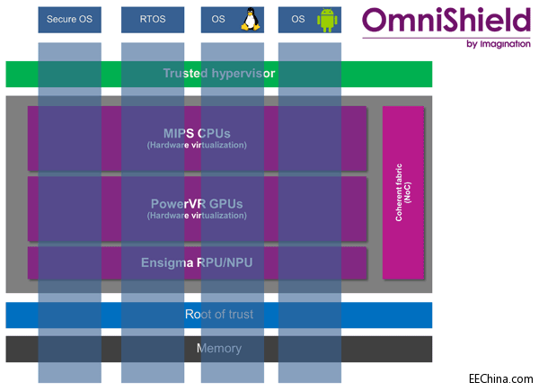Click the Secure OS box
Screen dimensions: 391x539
click(69, 20)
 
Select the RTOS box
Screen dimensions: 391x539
click(153, 20)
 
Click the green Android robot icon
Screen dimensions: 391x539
click(325, 20)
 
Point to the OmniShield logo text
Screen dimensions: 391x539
click(446, 20)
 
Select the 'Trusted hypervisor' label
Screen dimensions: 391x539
click(218, 73)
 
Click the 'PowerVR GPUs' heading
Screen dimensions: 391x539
click(197, 203)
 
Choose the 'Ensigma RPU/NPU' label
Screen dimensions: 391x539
click(197, 263)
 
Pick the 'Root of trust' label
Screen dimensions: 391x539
click(218, 315)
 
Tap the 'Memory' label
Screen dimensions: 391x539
click(218, 348)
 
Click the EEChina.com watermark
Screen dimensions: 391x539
click(500, 379)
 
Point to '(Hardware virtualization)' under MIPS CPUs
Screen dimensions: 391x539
click(197, 146)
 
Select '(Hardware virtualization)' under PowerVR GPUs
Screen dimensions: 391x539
click(197, 216)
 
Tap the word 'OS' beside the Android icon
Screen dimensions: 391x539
click(298, 20)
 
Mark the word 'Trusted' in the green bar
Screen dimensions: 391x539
click(183, 73)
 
